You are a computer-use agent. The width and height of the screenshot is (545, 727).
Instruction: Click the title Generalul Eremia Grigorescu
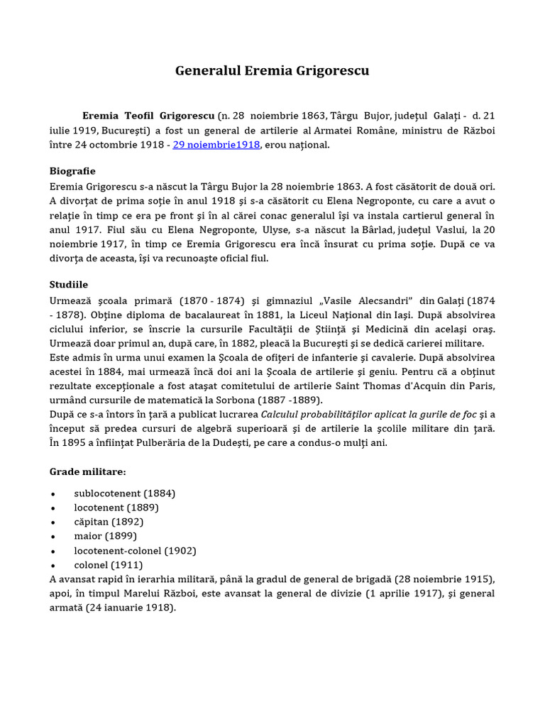[x=272, y=71]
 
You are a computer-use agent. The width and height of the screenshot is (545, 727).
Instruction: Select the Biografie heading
[x=72, y=171]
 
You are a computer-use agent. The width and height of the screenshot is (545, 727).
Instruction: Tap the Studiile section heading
[x=69, y=284]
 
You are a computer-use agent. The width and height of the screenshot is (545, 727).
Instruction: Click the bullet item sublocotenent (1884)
[x=124, y=493]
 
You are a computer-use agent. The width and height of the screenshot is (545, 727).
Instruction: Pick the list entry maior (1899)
[x=105, y=536]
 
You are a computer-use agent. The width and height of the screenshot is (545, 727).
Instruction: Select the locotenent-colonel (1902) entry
[x=135, y=550]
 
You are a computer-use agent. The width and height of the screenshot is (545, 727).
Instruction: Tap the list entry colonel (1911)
[x=108, y=565]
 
